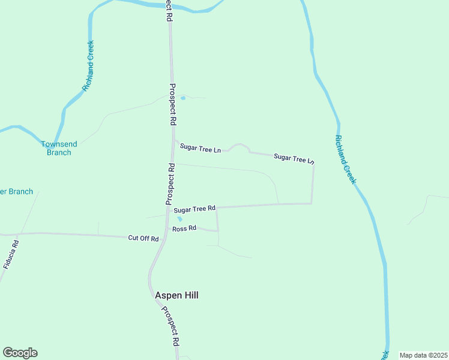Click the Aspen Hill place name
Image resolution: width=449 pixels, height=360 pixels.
[176, 295]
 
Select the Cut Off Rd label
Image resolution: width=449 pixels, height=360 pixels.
[143, 238]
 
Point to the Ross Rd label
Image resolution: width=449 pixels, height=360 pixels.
[184, 229]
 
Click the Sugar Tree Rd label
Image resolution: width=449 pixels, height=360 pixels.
[194, 209]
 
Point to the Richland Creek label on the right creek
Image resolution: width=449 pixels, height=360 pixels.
[345, 159]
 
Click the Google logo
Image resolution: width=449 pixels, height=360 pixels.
[20, 353]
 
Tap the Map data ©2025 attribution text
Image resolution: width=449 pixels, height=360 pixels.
[423, 355]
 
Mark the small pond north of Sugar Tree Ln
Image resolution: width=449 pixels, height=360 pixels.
[183, 98]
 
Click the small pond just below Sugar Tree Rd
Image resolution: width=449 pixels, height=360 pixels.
[179, 219]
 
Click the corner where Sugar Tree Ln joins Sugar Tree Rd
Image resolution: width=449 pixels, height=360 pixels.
[312, 203]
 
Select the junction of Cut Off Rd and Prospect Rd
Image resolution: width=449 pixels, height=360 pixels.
[163, 237]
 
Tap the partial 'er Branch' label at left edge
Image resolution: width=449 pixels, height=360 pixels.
[16, 191]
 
